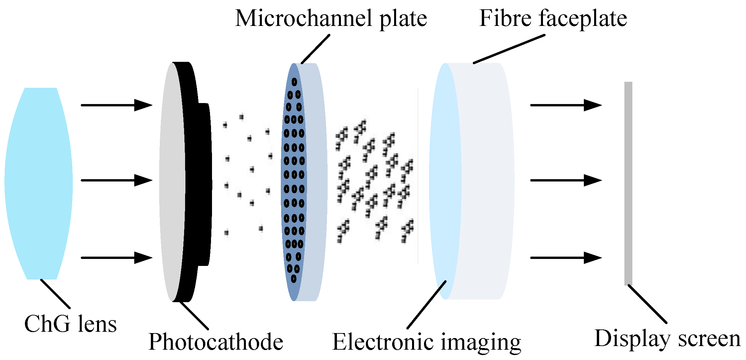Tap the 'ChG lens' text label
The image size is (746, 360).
[x=70, y=324]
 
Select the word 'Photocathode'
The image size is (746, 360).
[x=216, y=342]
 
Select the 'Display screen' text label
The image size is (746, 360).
[x=667, y=339]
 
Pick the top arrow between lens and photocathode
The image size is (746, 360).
[x=116, y=105]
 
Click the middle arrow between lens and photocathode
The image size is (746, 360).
[x=116, y=180]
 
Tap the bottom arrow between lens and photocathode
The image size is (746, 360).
[x=116, y=258]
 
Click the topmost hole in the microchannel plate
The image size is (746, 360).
[x=294, y=82]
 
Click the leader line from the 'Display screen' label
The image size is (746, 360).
[x=647, y=304]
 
